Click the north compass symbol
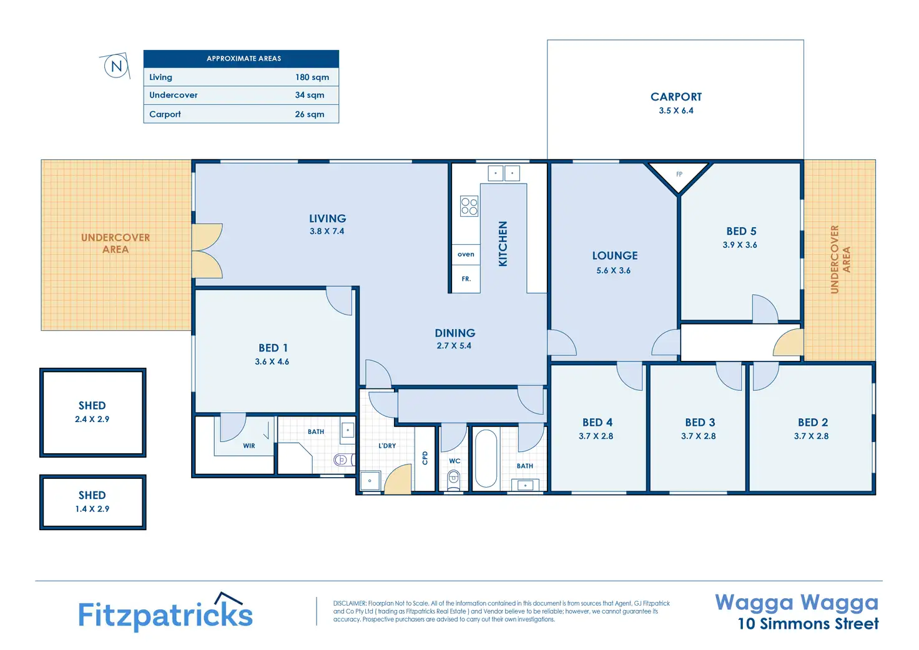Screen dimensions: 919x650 116,66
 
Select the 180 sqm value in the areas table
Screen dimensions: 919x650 312,77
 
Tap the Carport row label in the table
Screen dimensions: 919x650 165,114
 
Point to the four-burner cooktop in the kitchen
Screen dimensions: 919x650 469,206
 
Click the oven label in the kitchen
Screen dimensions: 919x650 466,254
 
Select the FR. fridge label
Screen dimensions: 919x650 466,279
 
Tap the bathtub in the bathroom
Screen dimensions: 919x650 486,458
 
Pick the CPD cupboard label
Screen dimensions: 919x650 425,458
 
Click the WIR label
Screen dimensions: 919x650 249,446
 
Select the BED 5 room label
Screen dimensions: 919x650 741,232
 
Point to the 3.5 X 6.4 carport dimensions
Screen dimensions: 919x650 676,111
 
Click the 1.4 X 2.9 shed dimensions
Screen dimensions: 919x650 92,509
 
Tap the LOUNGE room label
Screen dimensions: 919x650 614,255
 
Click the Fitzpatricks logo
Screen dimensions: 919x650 165,613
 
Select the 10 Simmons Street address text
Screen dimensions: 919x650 808,624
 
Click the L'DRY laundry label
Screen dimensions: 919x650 387,446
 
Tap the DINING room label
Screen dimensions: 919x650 455,333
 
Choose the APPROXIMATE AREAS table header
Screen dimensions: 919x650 243,59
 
